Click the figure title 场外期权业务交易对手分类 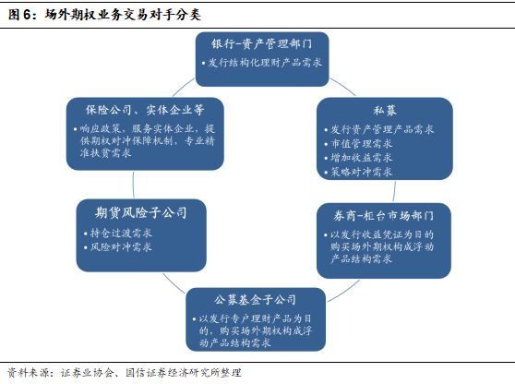(x=123, y=15)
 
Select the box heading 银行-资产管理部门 (x=262, y=44)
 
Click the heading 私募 (x=385, y=111)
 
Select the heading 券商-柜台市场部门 (x=383, y=216)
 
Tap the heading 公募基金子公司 (x=256, y=300)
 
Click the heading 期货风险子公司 (x=141, y=213)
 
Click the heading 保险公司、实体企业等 (x=145, y=110)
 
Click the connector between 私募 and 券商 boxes (x=394, y=191)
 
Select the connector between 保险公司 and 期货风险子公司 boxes (x=133, y=185)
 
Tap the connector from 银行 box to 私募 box (x=343, y=86)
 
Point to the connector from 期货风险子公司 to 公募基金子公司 (x=174, y=283)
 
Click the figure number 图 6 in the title (x=20, y=15)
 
